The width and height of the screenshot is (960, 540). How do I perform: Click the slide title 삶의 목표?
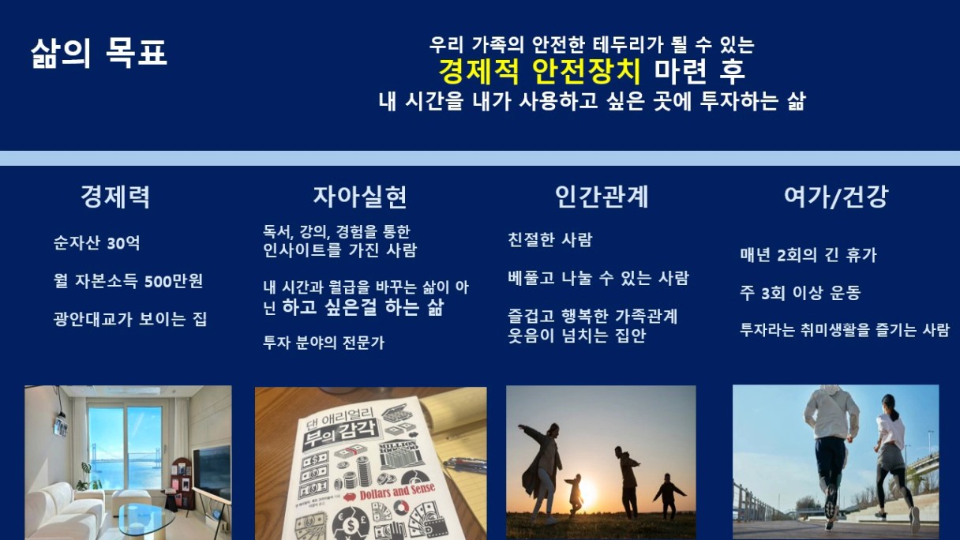click(x=99, y=53)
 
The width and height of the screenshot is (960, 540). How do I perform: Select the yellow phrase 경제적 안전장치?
click(x=539, y=71)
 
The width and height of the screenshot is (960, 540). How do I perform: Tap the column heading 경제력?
click(x=115, y=197)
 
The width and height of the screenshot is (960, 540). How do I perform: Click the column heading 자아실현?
click(x=360, y=197)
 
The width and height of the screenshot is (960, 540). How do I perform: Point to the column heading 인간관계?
click(x=602, y=197)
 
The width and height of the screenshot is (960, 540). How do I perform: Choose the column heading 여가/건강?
click(x=836, y=197)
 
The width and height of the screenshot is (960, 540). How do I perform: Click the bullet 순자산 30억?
click(x=96, y=243)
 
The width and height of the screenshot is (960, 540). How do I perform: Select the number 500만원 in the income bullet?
click(x=174, y=281)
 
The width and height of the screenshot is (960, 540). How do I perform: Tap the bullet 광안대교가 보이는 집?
click(x=129, y=319)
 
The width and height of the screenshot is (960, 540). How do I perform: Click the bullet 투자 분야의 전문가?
click(x=324, y=343)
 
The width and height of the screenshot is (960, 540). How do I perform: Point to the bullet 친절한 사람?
click(x=549, y=239)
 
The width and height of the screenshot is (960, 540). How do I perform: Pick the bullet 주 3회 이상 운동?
click(x=801, y=293)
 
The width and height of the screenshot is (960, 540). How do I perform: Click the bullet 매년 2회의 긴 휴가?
click(x=808, y=255)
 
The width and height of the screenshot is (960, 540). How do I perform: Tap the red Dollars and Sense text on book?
click(x=397, y=492)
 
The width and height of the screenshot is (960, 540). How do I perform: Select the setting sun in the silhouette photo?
click(x=587, y=493)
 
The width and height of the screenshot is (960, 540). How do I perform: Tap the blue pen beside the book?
click(x=466, y=464)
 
